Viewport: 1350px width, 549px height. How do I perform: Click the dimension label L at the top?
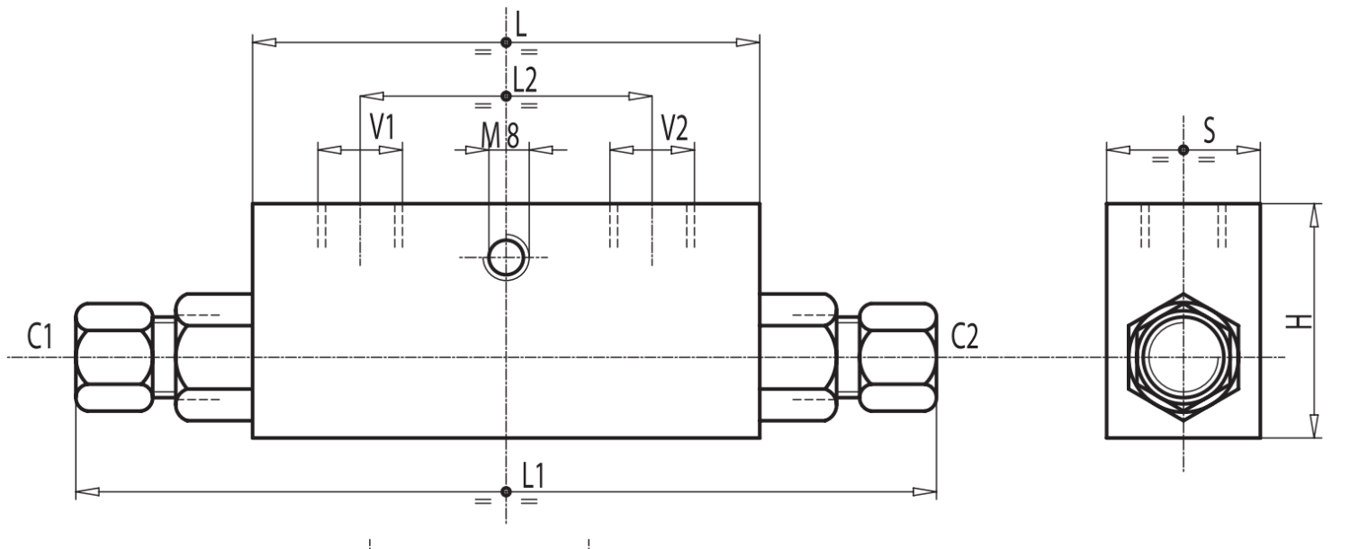point(522,21)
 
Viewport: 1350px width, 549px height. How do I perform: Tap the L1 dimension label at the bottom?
point(533,474)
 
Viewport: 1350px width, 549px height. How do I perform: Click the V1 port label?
point(384,128)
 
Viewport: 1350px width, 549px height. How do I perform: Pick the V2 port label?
point(674,128)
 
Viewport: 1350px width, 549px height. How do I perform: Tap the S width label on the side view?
point(1209,130)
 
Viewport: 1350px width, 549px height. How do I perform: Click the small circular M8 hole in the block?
point(508,258)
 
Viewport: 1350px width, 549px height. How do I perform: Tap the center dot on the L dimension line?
point(507,42)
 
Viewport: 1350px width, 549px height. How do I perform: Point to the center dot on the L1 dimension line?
point(507,491)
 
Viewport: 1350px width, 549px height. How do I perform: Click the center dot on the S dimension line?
point(1183,150)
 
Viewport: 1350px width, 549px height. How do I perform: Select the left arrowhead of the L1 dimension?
point(87,491)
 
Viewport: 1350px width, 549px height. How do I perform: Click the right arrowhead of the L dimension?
point(748,42)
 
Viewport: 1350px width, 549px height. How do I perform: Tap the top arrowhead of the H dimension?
point(1313,215)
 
